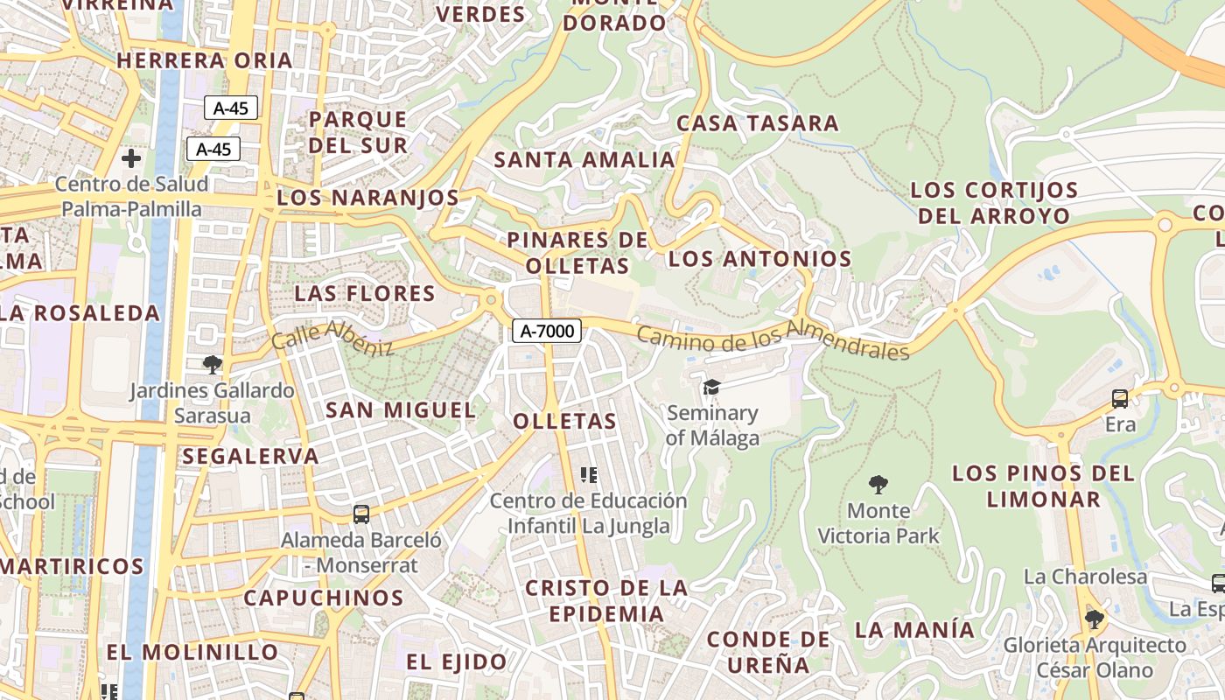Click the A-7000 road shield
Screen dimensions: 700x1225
coord(547,331)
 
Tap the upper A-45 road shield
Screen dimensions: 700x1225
coord(231,108)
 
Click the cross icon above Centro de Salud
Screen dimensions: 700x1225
coord(131,158)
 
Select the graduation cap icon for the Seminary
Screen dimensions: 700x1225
coord(711,387)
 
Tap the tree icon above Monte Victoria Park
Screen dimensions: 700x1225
coord(878,484)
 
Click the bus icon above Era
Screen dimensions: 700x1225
coord(1120,399)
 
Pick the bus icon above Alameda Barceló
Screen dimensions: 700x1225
coord(360,514)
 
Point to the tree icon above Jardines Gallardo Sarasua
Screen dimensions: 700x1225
coord(212,364)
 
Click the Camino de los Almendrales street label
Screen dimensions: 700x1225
coord(773,342)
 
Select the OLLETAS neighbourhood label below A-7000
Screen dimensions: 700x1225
coord(565,421)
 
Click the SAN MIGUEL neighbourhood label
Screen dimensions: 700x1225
coord(401,409)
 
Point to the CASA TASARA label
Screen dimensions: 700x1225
coord(758,122)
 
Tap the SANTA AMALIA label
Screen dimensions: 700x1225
coord(584,160)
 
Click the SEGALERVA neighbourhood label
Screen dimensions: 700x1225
coord(250,456)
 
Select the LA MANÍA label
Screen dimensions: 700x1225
coord(914,629)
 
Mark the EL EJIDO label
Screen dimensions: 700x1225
coord(457,661)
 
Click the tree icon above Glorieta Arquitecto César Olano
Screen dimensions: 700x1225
coord(1094,619)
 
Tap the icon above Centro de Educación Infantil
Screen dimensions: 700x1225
coord(589,475)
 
